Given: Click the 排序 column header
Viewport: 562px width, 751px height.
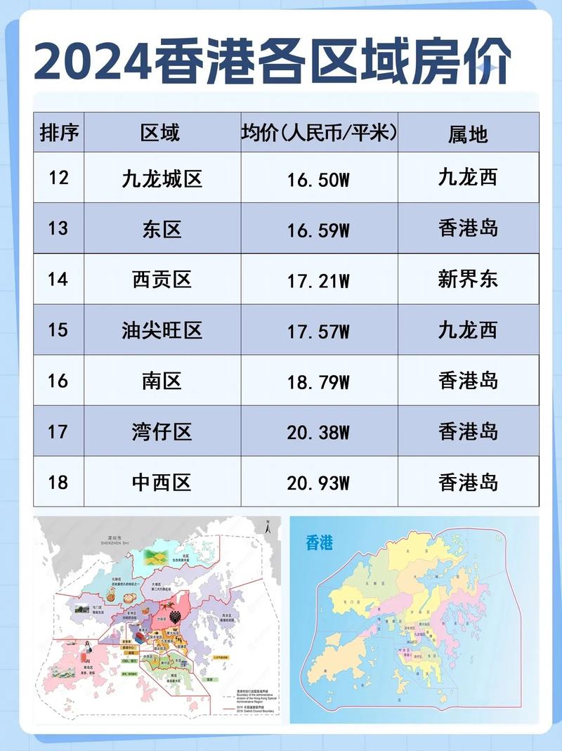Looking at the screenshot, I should pos(59,132).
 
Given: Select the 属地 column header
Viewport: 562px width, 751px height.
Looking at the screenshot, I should pos(468,133).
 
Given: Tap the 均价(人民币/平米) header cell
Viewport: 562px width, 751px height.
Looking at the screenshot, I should pos(319,132).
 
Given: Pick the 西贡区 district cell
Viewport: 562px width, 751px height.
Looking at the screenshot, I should pos(162,279).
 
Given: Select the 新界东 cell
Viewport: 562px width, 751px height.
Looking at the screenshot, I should pos(468,279).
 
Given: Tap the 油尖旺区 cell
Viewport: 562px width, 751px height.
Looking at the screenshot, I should pos(162,329).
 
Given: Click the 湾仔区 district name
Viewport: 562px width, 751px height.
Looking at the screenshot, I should pos(162,431).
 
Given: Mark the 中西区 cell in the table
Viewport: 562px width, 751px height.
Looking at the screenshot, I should pos(162,483).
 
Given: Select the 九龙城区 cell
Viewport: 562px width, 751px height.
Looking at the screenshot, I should pos(162,178).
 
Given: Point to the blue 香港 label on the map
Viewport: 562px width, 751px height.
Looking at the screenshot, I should pos(320,542).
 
